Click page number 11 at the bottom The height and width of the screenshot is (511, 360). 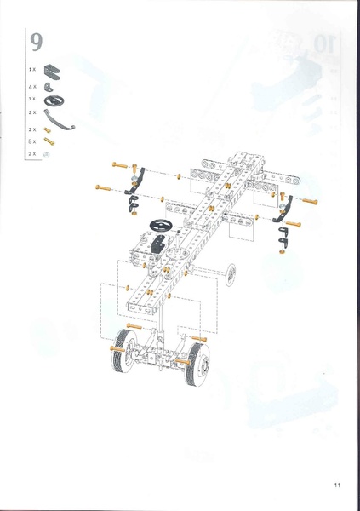[x=337, y=485]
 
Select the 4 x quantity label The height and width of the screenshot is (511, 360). [x=32, y=87]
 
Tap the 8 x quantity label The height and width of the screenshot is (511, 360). [x=32, y=141]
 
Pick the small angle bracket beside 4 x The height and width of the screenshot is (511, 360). [x=50, y=87]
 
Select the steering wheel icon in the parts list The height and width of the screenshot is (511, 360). [x=53, y=99]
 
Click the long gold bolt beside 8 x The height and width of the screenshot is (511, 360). [x=49, y=141]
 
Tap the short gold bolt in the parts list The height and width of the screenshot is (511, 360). [x=49, y=129]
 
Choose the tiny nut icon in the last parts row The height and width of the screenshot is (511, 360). [x=49, y=154]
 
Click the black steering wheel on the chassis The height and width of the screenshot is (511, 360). [x=160, y=226]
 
